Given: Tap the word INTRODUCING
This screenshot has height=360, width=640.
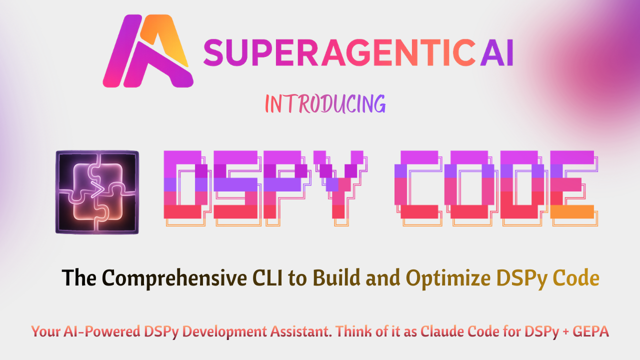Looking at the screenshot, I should pos(325,104).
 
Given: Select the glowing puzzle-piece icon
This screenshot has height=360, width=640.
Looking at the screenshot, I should pos(97,192).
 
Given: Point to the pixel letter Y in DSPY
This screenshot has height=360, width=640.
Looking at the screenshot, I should pos(340,185).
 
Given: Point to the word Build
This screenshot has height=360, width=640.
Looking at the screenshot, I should pos(337,278).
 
